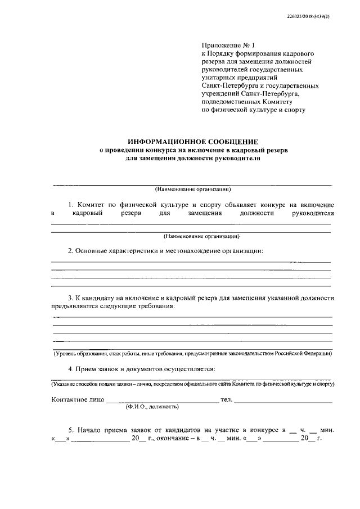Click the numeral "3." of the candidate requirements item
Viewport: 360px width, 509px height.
[70, 298]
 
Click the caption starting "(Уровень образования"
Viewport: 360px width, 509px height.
[192, 354]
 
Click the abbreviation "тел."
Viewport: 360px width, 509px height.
[226, 399]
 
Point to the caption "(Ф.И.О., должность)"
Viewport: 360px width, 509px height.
[152, 406]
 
